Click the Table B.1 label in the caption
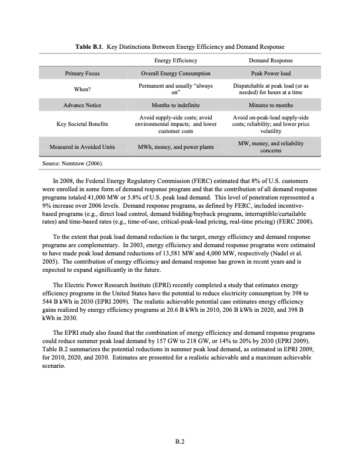[90, 46]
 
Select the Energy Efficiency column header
[175, 61]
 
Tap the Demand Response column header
[271, 61]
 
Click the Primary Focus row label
[82, 74]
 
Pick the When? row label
[82, 89]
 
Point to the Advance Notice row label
[82, 105]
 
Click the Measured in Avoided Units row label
[82, 146]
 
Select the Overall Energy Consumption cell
[176, 74]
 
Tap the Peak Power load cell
[271, 74]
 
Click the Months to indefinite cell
[176, 105]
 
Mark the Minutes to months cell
[271, 105]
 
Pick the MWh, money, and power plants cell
[176, 146]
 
